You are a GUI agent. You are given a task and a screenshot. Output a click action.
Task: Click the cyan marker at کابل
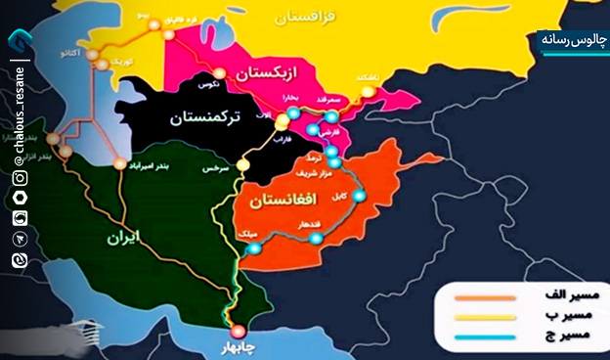pyautogui.click(x=358, y=196)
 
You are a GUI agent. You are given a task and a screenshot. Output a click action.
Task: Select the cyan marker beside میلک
pyautogui.click(x=255, y=248)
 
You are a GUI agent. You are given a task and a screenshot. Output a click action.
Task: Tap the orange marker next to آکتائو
pyautogui.click(x=90, y=55)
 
